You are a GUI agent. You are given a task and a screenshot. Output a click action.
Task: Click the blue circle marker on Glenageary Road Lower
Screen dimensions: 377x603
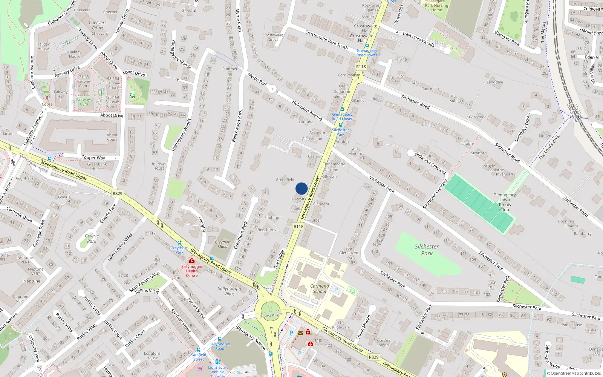pos(301,188)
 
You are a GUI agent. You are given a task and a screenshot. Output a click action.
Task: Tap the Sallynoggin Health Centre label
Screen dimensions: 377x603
pos(191,271)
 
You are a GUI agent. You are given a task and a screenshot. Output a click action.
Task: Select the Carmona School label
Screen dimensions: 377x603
pos(319,288)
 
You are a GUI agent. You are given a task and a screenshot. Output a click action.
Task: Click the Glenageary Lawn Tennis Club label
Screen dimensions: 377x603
pos(504,202)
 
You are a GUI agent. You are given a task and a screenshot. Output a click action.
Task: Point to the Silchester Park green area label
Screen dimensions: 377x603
pos(427,250)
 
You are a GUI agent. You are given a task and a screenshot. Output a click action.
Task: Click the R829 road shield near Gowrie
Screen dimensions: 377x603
pos(118,193)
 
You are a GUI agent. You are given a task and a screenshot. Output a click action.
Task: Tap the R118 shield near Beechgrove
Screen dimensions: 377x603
pos(298,226)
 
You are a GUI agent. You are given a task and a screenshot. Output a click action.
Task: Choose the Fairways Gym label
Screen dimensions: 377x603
pos(84,102)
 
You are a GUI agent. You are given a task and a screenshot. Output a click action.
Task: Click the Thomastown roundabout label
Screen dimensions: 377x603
pos(270,315)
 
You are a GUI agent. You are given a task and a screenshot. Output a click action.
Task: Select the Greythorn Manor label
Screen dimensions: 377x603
pos(223,244)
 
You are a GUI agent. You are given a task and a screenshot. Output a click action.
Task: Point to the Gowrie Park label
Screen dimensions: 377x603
pos(92,238)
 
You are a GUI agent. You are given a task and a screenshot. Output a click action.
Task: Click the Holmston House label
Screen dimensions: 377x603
pos(159,166)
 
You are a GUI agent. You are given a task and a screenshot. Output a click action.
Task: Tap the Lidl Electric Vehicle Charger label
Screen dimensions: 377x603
pos(218,371)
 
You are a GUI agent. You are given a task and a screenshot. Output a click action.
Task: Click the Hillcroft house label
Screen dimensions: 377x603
pos(297,199)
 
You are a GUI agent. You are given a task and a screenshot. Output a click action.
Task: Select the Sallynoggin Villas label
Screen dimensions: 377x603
pos(229,291)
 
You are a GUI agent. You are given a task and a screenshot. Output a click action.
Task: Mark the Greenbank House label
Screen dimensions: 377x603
pos(97,166)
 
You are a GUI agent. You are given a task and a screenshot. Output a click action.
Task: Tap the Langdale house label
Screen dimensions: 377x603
pos(494,82)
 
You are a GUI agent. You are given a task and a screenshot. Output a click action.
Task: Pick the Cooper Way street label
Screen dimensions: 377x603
pos(93,158)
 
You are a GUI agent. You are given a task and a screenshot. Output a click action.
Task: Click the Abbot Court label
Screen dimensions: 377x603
pos(112,137)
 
